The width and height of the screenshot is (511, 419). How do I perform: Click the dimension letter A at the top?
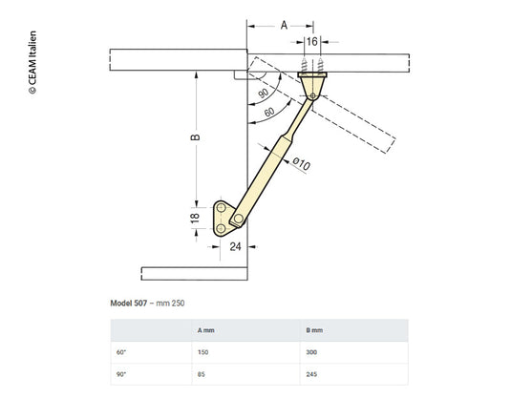click(x=283, y=27)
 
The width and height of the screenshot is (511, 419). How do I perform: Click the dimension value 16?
click(x=312, y=42)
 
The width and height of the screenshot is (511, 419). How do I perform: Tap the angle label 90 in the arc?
click(x=262, y=94)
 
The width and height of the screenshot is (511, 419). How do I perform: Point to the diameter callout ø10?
click(x=302, y=166)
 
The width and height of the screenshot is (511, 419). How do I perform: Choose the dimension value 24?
click(x=235, y=246)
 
